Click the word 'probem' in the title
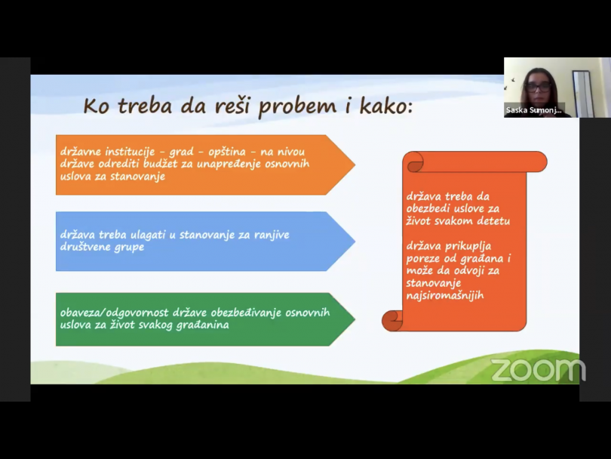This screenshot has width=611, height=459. pyautogui.click(x=297, y=106)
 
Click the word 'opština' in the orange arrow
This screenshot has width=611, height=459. pyautogui.click(x=227, y=152)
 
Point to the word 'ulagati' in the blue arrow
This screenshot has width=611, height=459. pyautogui.click(x=148, y=235)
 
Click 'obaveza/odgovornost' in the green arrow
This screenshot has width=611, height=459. pyautogui.click(x=114, y=313)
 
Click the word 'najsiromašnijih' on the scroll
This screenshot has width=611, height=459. pyautogui.click(x=445, y=295)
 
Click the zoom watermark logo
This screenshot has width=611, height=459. pyautogui.click(x=538, y=370)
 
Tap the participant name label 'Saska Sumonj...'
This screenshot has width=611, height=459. pyautogui.click(x=534, y=110)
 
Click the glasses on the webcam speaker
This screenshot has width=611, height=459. pyautogui.click(x=538, y=87)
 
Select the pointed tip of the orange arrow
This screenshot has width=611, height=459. pyautogui.click(x=355, y=165)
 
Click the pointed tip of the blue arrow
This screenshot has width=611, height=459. pyautogui.click(x=355, y=242)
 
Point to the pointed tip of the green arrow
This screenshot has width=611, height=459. pyautogui.click(x=355, y=319)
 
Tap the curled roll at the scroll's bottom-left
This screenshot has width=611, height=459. pyautogui.click(x=392, y=321)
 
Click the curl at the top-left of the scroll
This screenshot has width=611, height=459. pyautogui.click(x=414, y=162)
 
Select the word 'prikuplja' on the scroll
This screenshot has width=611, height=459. pyautogui.click(x=468, y=247)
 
